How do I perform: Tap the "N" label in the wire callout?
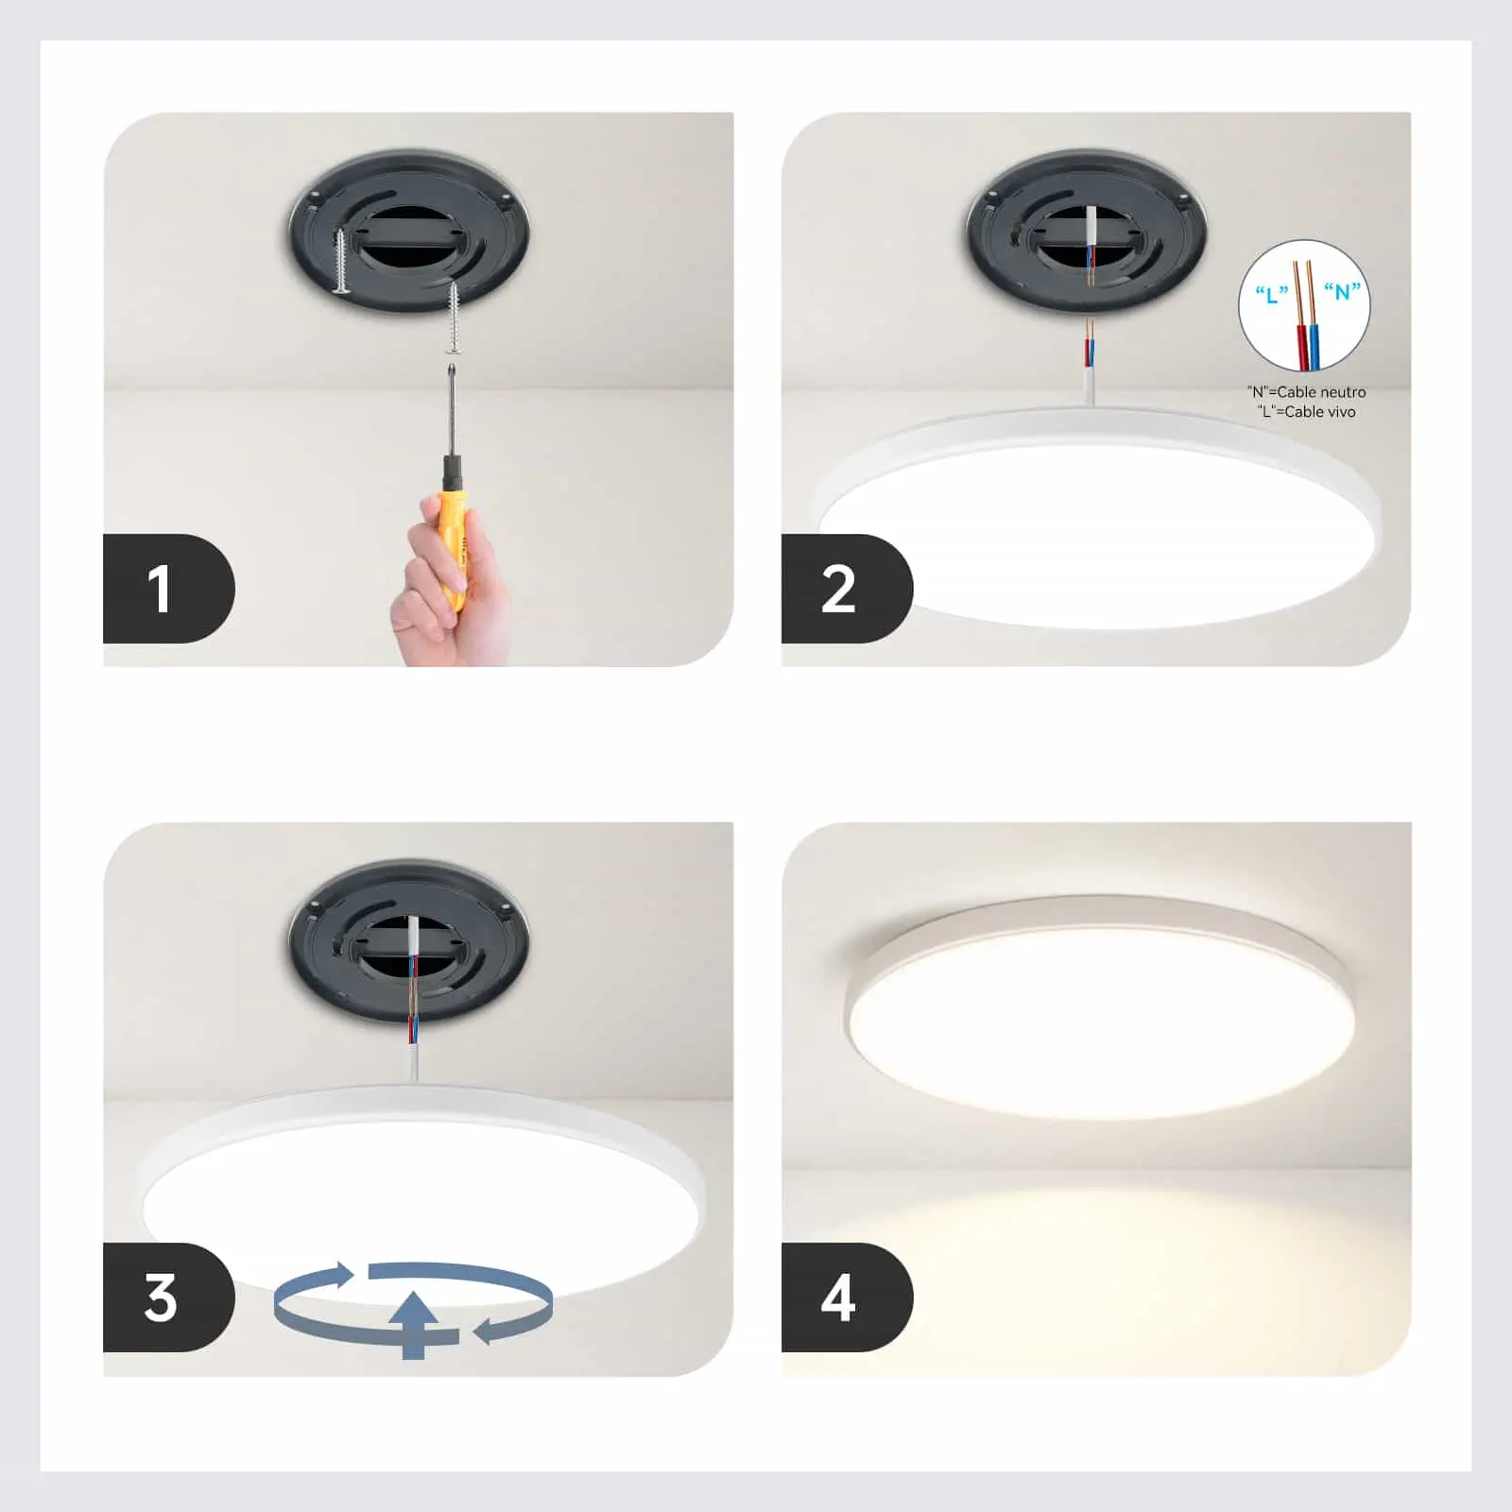click(x=1342, y=291)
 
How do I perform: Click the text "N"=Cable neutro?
click(x=1306, y=391)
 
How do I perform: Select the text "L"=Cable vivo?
click(x=1306, y=412)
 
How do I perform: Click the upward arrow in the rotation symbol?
click(x=414, y=1323)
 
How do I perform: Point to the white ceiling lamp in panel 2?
click(x=1096, y=529)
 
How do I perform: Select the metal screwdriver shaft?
click(x=453, y=406)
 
